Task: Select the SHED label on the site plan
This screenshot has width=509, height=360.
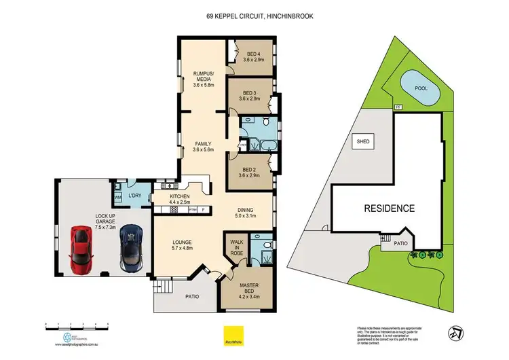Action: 362,142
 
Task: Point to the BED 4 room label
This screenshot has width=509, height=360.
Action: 255,58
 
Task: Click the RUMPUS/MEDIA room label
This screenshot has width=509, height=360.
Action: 204,80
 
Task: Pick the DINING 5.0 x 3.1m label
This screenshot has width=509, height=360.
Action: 245,213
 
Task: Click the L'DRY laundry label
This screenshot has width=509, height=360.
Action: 134,196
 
